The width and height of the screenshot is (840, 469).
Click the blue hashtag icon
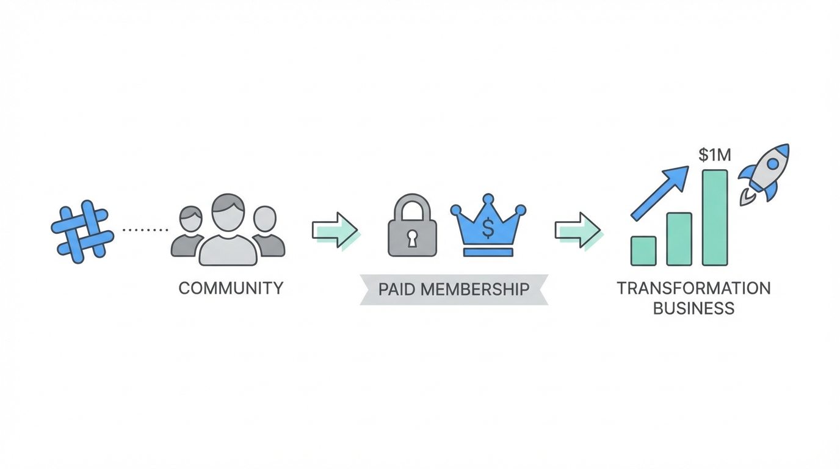point(82,231)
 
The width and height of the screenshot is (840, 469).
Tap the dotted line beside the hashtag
point(145,230)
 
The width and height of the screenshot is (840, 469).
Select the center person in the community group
point(228,235)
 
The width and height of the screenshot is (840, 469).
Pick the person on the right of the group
point(267,232)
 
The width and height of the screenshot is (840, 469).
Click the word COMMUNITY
point(231,288)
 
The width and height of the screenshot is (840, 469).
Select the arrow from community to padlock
point(335,230)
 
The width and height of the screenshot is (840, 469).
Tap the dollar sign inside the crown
point(488,228)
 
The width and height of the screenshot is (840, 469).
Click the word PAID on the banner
point(397,289)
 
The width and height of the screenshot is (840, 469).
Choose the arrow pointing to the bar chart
point(577,230)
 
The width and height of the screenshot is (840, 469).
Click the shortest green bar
point(643,251)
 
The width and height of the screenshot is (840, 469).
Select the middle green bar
point(679,239)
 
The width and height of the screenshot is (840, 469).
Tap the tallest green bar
point(715,217)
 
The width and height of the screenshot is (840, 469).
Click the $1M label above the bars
point(714,155)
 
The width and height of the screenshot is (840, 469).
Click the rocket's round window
point(773,164)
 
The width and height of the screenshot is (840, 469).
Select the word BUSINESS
point(693,308)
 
